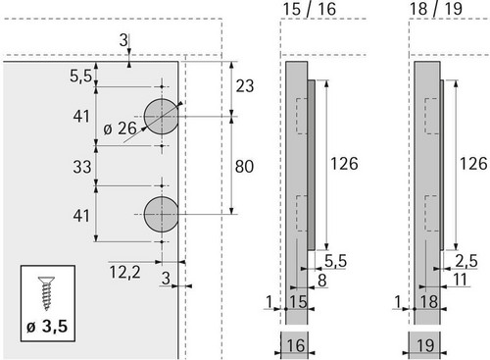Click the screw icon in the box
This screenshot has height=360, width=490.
coord(46,293)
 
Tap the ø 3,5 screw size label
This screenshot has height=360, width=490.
coord(47,327)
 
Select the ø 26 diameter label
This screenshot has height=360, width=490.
coord(120,129)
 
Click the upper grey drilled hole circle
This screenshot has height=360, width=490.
coord(162,117)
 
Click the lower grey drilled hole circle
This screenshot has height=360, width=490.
coord(162,214)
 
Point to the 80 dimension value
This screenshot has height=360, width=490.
coord(244,167)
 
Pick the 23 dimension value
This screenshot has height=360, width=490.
coord(245,86)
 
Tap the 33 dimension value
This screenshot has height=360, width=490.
coord(82,167)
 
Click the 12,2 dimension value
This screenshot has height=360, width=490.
coord(124,272)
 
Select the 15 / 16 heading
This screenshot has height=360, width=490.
coord(310,9)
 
